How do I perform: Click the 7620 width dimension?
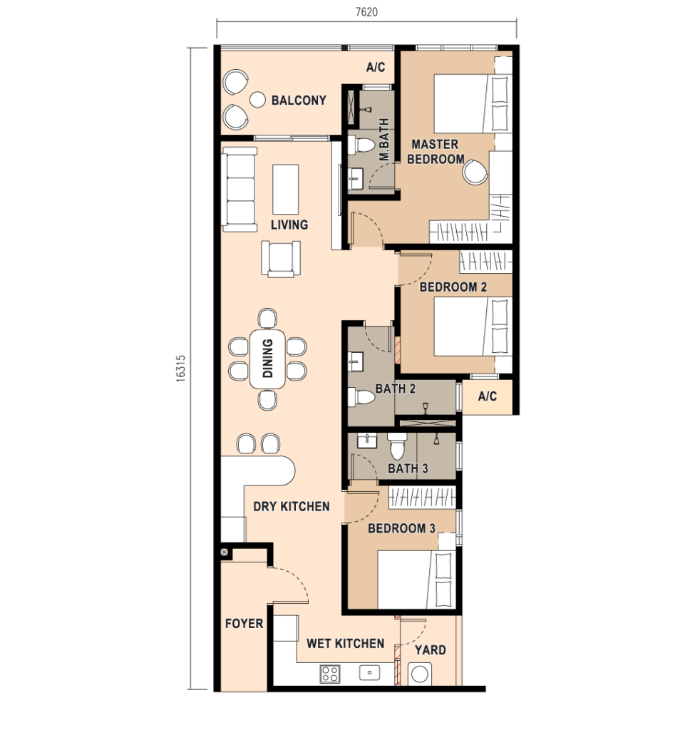(366, 12)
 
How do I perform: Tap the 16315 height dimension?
(180, 369)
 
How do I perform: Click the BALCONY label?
(299, 100)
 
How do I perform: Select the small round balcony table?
(257, 99)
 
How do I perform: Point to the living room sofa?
(240, 189)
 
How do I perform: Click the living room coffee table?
(285, 189)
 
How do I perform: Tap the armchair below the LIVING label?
(281, 258)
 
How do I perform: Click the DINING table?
(268, 359)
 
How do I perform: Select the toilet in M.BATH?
(361, 145)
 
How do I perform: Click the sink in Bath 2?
(356, 361)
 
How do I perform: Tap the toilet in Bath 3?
(397, 446)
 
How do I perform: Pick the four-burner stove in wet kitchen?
(330, 674)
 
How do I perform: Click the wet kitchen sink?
(370, 672)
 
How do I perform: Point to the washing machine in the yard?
(420, 674)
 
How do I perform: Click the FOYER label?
(244, 623)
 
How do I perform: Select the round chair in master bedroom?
(475, 172)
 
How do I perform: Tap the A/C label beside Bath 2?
(487, 396)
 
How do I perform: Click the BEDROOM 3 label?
(401, 528)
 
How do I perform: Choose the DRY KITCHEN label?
(292, 506)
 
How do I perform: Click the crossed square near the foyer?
(225, 552)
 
